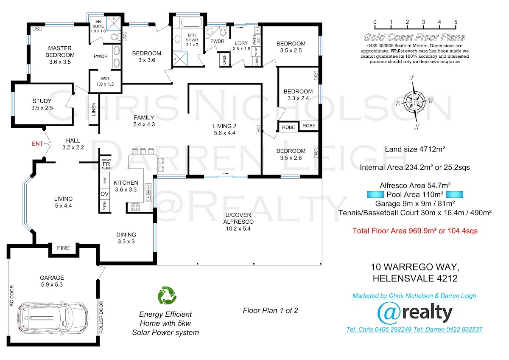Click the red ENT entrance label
pyautogui.click(x=37, y=144)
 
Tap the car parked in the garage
pyautogui.click(x=53, y=318)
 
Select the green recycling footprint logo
pyautogui.click(x=167, y=295)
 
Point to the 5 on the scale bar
pyautogui.click(x=456, y=22)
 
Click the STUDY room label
pyautogui.click(x=42, y=101)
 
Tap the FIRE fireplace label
pyautogui.click(x=63, y=248)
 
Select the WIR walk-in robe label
pyautogui.click(x=105, y=79)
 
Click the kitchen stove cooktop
pyautogui.click(x=135, y=207)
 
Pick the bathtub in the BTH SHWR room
pyautogui.click(x=191, y=23)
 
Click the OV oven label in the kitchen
pyautogui.click(x=104, y=194)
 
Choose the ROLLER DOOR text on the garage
pyautogui.click(x=101, y=317)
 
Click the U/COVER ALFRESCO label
pyautogui.click(x=238, y=218)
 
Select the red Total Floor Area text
pyautogui.click(x=415, y=231)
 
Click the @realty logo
pyautogui.click(x=415, y=313)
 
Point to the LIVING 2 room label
pyautogui.click(x=224, y=126)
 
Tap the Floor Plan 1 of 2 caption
pyautogui.click(x=271, y=311)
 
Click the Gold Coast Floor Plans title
pyautogui.click(x=414, y=37)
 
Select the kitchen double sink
pyautogui.click(x=148, y=192)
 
